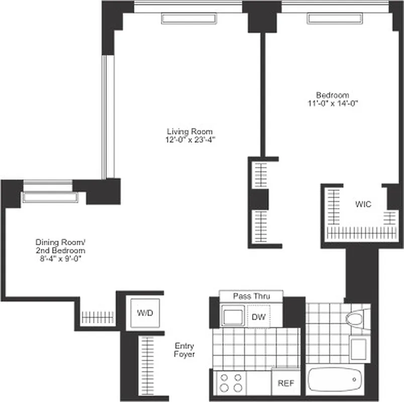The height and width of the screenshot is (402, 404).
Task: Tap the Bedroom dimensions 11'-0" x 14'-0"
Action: (332, 104)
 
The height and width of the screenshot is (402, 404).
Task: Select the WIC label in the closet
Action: (363, 205)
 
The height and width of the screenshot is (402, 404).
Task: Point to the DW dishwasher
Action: (258, 317)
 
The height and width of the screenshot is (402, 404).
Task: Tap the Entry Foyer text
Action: (184, 350)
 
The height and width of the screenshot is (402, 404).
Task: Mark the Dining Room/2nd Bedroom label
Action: (60, 246)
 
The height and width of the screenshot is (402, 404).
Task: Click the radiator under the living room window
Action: (189, 19)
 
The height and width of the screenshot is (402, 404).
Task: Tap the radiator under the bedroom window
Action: (335, 19)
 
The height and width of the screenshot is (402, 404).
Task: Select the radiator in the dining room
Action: (49, 197)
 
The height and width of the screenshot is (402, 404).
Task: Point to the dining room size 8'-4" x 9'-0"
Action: (60, 259)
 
